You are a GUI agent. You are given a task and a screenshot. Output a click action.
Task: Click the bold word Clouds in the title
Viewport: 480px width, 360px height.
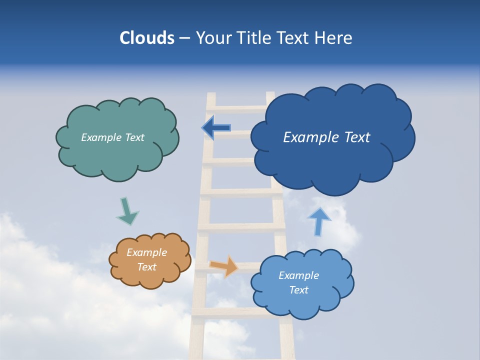click(x=146, y=38)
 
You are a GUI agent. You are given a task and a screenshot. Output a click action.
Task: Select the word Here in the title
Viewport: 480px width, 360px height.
click(x=335, y=38)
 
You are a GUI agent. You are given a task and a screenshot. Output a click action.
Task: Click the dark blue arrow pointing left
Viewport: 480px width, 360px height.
click(x=216, y=128)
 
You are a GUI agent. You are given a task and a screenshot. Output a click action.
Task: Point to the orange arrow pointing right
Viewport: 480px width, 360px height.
click(x=224, y=266)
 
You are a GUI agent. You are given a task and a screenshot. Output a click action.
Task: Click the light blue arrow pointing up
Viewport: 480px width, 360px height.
click(x=318, y=220)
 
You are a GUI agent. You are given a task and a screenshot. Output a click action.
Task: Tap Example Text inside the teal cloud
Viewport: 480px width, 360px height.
click(x=112, y=137)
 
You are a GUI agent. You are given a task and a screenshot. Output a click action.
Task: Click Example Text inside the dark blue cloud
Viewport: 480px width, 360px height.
click(x=326, y=137)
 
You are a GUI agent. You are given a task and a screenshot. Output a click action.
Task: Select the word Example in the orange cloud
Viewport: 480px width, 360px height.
click(x=146, y=253)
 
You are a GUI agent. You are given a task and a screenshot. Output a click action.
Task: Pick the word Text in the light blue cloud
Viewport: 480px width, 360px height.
click(x=298, y=290)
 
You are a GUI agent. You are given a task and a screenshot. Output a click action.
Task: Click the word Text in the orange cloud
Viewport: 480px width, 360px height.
click(x=146, y=267)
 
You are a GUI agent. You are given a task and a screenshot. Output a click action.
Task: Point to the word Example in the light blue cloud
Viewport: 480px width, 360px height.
click(x=298, y=275)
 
